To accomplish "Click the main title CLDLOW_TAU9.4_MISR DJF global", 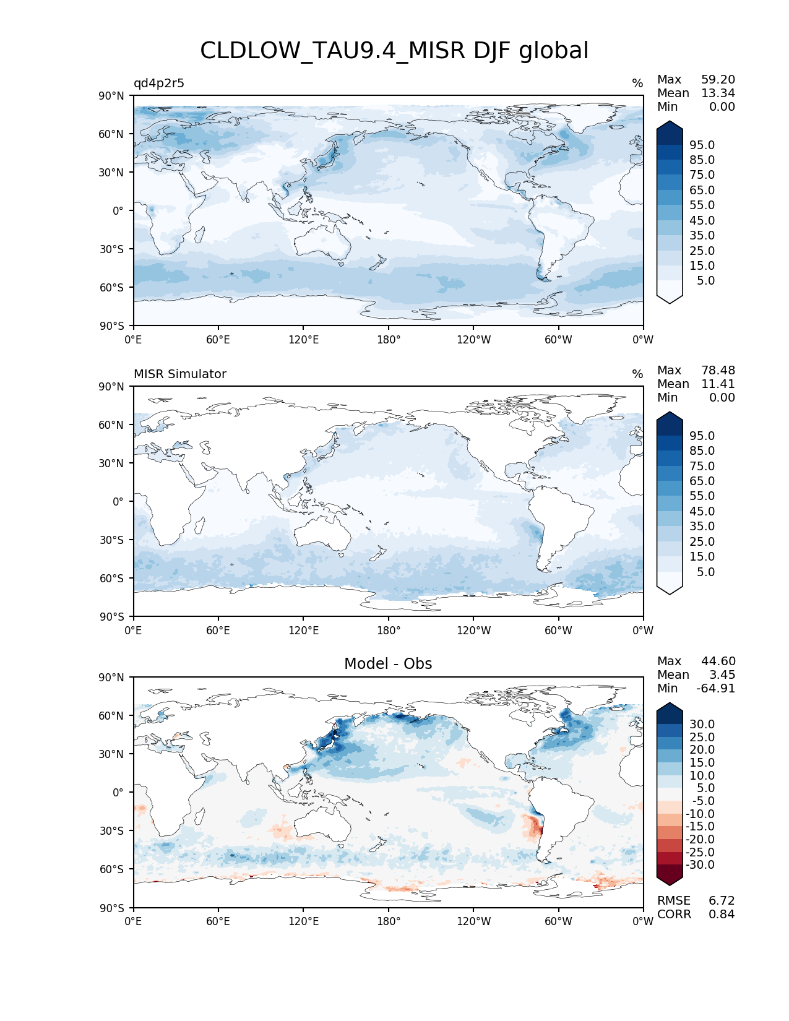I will tap(394, 51).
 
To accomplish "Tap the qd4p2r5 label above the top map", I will tap(159, 84).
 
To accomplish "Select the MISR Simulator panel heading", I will tap(180, 374).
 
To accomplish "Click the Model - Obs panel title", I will tap(388, 664).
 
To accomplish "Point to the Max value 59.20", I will tap(718, 80).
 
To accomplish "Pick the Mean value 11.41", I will tap(718, 384).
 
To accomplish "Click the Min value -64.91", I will tap(715, 689).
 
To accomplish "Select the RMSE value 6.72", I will tap(722, 901).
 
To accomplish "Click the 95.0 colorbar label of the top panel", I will tap(702, 145).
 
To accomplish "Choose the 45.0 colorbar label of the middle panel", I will tap(702, 512).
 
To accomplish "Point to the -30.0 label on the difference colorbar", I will tap(700, 865).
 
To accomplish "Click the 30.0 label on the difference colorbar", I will tap(702, 725).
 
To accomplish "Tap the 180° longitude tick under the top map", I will tap(389, 340).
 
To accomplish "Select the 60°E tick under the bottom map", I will tap(218, 921).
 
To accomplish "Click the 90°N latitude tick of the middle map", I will tap(111, 387).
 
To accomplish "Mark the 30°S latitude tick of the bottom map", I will tap(111, 831).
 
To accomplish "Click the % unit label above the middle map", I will tap(637, 374).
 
